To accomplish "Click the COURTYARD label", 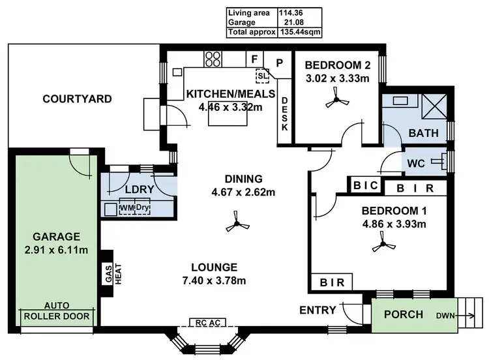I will (77, 99).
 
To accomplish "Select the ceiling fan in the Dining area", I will (235, 226).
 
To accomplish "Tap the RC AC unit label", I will (203, 322).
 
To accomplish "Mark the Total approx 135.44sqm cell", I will (274, 31).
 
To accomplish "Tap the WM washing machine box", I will (127, 209).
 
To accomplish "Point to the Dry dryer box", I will (143, 209).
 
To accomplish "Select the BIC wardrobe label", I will (365, 186).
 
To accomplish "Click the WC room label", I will (416, 162).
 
